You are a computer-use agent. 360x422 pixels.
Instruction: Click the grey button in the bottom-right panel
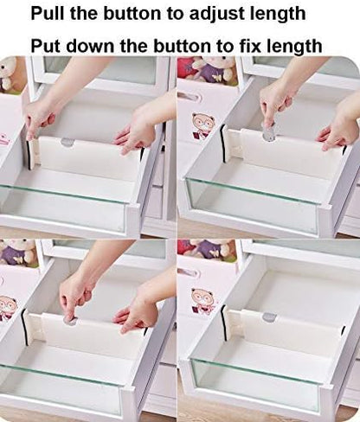(269, 317)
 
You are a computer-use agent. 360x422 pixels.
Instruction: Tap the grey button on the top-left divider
(67, 142)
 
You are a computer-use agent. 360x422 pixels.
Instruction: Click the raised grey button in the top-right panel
(269, 132)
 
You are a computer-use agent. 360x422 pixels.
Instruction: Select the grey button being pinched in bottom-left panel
(71, 321)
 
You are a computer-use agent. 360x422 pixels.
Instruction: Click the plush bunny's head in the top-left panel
(9, 68)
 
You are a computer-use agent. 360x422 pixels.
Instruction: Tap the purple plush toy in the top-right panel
(215, 71)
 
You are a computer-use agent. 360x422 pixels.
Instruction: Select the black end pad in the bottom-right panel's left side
(223, 322)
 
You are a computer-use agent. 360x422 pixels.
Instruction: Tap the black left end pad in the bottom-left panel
(24, 327)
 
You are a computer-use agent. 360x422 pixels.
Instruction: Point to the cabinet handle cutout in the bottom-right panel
(189, 272)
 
